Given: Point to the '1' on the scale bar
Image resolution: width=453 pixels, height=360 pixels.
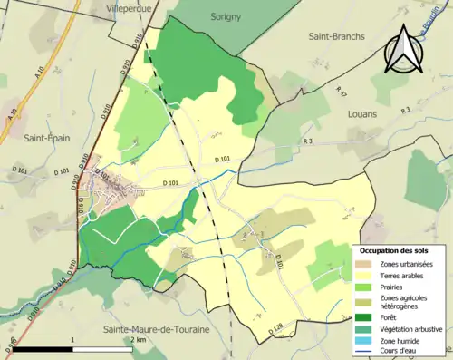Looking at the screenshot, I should coord(72,339).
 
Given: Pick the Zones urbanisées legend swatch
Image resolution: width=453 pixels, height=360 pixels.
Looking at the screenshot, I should coord(367,263).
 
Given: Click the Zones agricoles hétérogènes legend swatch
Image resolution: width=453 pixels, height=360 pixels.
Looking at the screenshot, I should coord(367,302).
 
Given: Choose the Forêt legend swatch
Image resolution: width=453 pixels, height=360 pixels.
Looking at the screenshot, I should coord(367,316).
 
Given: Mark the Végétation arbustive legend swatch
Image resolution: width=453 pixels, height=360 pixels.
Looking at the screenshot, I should coord(367,328).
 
